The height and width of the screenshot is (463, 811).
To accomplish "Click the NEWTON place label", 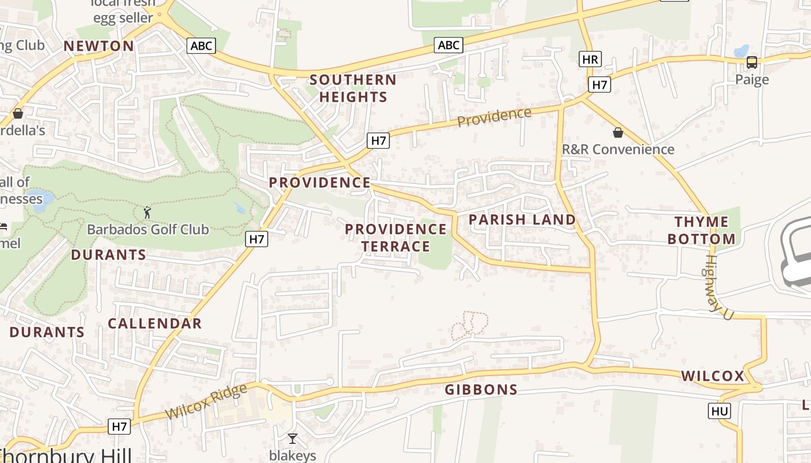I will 98,46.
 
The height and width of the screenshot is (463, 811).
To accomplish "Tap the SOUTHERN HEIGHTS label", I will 353,88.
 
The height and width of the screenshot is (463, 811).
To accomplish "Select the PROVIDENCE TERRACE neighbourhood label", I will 396,238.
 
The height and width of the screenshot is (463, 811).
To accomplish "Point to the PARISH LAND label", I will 522,220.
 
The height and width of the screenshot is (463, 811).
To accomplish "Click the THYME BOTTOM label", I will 702,230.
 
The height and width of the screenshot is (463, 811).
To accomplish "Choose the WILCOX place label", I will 713,376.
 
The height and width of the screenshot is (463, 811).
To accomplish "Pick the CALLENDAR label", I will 155,324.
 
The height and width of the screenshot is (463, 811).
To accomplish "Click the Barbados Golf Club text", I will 148,230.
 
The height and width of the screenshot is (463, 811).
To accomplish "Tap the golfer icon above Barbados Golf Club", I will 147,212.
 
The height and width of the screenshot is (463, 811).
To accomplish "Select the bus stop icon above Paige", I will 751,63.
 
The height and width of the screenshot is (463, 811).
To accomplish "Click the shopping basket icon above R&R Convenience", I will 618,133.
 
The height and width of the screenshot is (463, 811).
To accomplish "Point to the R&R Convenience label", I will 618,149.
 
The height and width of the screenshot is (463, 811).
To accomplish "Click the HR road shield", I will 590,59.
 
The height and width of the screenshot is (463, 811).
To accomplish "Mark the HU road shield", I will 719,411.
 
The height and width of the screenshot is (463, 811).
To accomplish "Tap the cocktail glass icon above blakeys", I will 293,439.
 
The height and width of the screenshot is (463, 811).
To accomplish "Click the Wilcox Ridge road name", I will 206,402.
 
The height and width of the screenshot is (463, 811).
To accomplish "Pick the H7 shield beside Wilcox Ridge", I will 119,427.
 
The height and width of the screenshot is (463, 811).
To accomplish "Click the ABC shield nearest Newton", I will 201,46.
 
